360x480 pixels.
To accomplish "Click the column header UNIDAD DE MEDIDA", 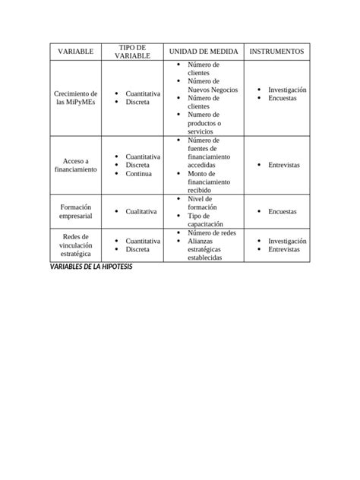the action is (x=203, y=52).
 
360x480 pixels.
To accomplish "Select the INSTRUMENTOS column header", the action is (x=276, y=52).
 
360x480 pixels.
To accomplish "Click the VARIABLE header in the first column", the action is (x=76, y=52).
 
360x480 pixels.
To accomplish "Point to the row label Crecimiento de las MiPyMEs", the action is (x=76, y=98).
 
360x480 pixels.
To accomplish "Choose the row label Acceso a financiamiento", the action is (x=76, y=165).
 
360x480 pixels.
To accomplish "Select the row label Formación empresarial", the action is (x=76, y=211).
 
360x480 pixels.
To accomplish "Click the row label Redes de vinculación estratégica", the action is (x=76, y=245).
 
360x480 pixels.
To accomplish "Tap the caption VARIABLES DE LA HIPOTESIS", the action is (x=91, y=268).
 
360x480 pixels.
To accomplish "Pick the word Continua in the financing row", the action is (x=139, y=173).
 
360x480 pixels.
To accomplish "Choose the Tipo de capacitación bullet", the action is (x=204, y=219).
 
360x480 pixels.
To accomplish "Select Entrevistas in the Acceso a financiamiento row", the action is (x=284, y=165).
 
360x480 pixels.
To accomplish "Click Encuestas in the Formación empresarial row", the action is (x=282, y=211).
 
